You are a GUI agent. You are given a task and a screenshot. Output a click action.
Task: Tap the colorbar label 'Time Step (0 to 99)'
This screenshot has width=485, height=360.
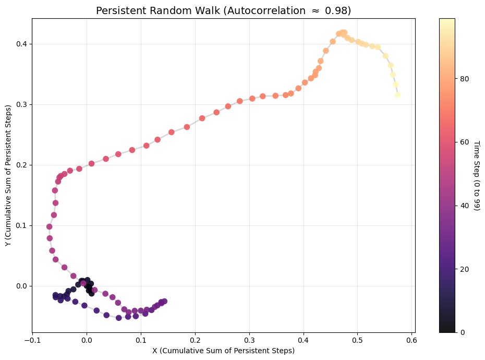[476, 175]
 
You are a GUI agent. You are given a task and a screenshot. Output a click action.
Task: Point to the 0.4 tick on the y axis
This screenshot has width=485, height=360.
[22, 44]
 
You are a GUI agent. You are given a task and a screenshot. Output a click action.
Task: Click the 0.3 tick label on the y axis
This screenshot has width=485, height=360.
[22, 104]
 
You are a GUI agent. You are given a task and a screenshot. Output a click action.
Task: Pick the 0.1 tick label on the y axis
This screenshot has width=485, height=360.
[22, 225]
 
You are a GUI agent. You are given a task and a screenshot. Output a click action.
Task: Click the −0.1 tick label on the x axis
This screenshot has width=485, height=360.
[32, 340]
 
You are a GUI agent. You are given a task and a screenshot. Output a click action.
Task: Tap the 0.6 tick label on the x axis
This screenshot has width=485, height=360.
[412, 340]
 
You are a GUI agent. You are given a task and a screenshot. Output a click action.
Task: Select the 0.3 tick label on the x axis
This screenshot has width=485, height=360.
[249, 340]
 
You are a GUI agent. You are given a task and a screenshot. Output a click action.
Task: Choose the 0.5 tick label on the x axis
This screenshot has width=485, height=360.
[358, 340]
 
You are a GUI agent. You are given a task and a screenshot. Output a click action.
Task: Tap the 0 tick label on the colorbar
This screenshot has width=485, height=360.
[463, 332]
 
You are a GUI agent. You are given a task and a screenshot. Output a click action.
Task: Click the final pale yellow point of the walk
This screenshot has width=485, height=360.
[397, 95]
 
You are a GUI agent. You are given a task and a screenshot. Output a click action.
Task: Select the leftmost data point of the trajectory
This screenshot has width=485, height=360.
[50, 226]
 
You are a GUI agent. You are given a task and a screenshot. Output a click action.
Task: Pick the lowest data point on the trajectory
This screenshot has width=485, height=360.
[119, 318]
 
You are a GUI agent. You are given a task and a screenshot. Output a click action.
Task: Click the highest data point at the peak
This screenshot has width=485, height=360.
[343, 32]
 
